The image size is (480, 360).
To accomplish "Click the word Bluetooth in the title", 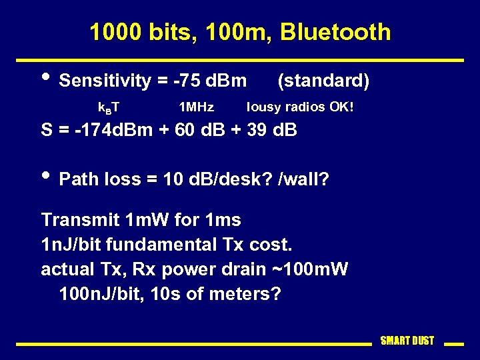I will tap(335, 32).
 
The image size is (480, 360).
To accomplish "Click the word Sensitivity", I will tap(105, 81).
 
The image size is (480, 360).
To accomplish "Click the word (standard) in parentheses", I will tap(323, 81).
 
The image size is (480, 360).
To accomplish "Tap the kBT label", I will tap(109, 107).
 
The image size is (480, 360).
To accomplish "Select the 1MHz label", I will tap(197, 107).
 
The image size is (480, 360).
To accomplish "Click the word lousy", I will tap(265, 107).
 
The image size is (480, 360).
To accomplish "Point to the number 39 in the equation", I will tap(257, 131).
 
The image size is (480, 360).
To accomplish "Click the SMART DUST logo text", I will tap(407, 341).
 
